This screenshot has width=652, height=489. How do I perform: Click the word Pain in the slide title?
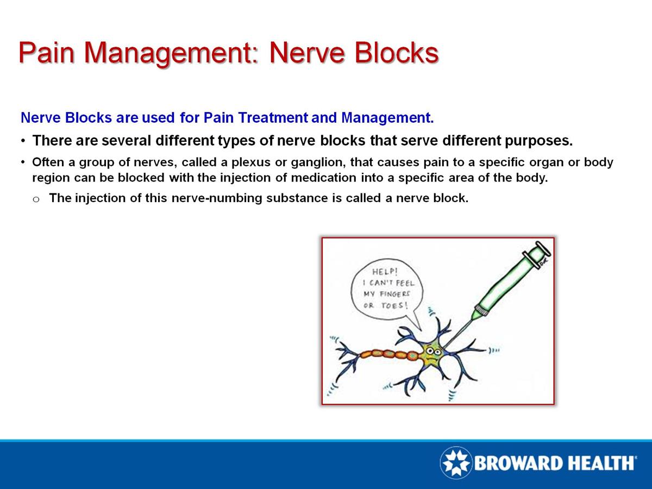pos(48,53)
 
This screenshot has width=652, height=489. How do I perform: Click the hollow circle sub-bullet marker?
pos(36,199)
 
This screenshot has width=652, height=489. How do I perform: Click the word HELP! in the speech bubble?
pos(385,272)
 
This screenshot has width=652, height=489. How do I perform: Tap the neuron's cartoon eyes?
pos(433,352)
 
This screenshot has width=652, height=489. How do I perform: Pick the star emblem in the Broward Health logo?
pos(455,463)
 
